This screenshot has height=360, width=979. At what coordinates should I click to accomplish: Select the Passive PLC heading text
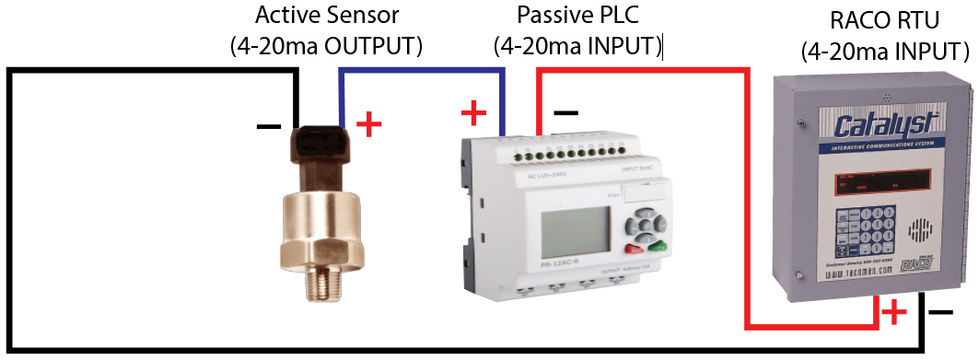pos(577,17)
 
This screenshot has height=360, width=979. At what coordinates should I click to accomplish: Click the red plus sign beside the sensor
pos(368,124)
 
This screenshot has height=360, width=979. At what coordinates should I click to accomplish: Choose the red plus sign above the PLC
pos(472,113)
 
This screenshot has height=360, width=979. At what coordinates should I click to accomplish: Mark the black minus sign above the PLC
pos(565,113)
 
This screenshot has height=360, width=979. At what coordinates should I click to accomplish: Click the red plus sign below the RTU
pos(892,313)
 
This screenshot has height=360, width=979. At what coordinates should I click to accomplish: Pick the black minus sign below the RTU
pos(940,313)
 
